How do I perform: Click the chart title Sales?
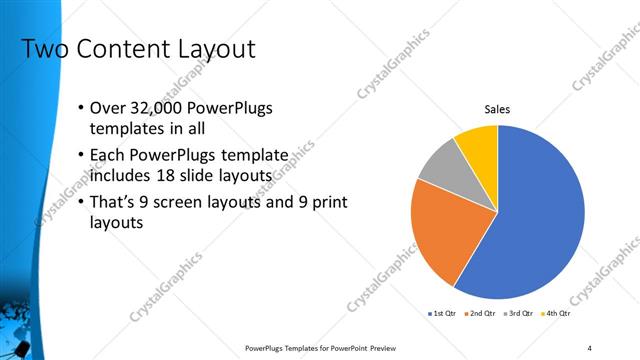click(x=497, y=110)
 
